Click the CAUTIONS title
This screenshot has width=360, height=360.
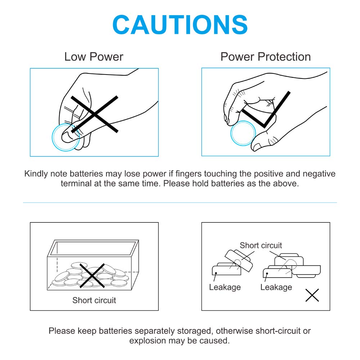click(x=180, y=24)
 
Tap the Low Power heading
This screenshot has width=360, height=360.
click(x=94, y=57)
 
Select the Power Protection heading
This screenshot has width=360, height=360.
click(x=266, y=57)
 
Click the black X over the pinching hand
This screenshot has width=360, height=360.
click(x=94, y=114)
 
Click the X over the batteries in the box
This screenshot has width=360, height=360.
click(x=92, y=275)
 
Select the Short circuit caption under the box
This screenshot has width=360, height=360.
click(x=94, y=300)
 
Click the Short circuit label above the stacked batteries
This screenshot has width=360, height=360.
click(x=261, y=246)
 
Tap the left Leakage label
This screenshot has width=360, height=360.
click(x=225, y=287)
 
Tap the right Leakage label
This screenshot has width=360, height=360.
click(x=276, y=287)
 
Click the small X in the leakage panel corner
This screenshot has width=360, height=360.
click(x=312, y=295)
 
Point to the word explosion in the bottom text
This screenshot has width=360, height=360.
click(x=148, y=341)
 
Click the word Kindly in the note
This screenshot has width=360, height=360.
click(x=36, y=174)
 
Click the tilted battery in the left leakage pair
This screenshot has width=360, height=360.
click(x=239, y=261)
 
